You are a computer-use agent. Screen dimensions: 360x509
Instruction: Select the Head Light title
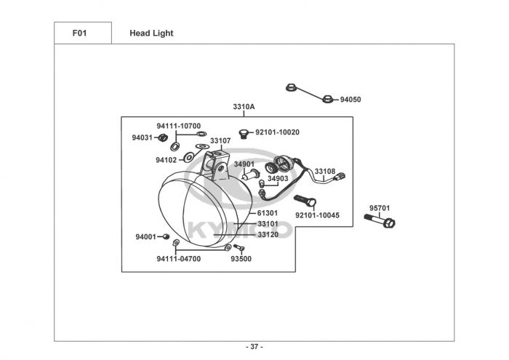(151, 33)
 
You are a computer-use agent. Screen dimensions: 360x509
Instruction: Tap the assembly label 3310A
(244, 107)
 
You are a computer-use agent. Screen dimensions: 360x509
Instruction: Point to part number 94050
(350, 100)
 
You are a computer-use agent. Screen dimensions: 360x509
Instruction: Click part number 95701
(380, 207)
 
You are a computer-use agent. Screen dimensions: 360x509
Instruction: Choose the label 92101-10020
(277, 132)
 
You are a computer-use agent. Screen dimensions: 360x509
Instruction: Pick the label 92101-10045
(317, 215)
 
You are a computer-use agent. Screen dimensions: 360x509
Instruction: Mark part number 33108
(325, 172)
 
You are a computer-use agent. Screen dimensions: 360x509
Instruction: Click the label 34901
(244, 164)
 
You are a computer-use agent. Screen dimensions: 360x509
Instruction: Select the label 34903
(278, 178)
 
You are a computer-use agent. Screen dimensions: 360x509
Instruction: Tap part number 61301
(268, 213)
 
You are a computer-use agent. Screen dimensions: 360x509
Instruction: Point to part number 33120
(268, 234)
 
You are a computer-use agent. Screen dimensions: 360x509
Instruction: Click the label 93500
(241, 258)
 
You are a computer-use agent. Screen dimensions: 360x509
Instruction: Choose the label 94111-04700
(178, 258)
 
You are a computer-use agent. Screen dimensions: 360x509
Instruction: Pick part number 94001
(145, 237)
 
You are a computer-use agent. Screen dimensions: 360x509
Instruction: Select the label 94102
(166, 159)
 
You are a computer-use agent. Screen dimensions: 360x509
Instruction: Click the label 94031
(143, 137)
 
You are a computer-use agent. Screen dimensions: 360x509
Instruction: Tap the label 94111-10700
(179, 126)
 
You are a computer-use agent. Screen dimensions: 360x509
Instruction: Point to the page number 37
(254, 346)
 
